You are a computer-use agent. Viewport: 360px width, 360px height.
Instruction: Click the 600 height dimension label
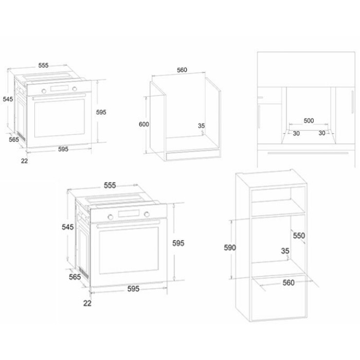(143, 124)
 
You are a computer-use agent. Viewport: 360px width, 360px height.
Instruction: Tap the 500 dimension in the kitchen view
(309, 120)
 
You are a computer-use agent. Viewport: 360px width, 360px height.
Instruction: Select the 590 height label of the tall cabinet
(230, 247)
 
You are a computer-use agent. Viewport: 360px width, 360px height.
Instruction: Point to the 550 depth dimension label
(299, 236)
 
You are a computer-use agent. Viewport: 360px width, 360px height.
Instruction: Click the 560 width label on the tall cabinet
(289, 282)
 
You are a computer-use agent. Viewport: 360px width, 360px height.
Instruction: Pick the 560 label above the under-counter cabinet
(182, 70)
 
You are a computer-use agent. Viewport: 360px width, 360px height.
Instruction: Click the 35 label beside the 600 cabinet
(201, 126)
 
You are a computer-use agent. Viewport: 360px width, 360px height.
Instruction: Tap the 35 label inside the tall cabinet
(285, 251)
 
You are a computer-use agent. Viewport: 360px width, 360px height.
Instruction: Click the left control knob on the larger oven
(111, 217)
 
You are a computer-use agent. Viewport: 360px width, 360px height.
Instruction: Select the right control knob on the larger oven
(147, 214)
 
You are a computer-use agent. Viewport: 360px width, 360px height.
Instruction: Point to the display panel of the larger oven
(129, 213)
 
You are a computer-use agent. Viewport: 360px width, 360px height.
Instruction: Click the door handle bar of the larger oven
(128, 224)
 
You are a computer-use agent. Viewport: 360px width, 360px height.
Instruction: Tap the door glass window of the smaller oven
(60, 118)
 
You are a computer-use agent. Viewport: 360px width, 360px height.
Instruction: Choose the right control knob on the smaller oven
(75, 89)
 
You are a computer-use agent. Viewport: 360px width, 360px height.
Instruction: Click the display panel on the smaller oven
(60, 88)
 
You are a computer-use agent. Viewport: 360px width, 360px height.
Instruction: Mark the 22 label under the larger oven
(87, 303)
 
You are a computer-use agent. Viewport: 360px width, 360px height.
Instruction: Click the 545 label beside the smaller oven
(8, 99)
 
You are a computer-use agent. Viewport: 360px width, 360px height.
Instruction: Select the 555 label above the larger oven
(110, 185)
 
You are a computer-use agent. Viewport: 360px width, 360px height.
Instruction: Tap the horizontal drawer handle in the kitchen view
(308, 153)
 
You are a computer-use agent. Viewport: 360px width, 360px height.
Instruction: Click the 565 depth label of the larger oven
(75, 277)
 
